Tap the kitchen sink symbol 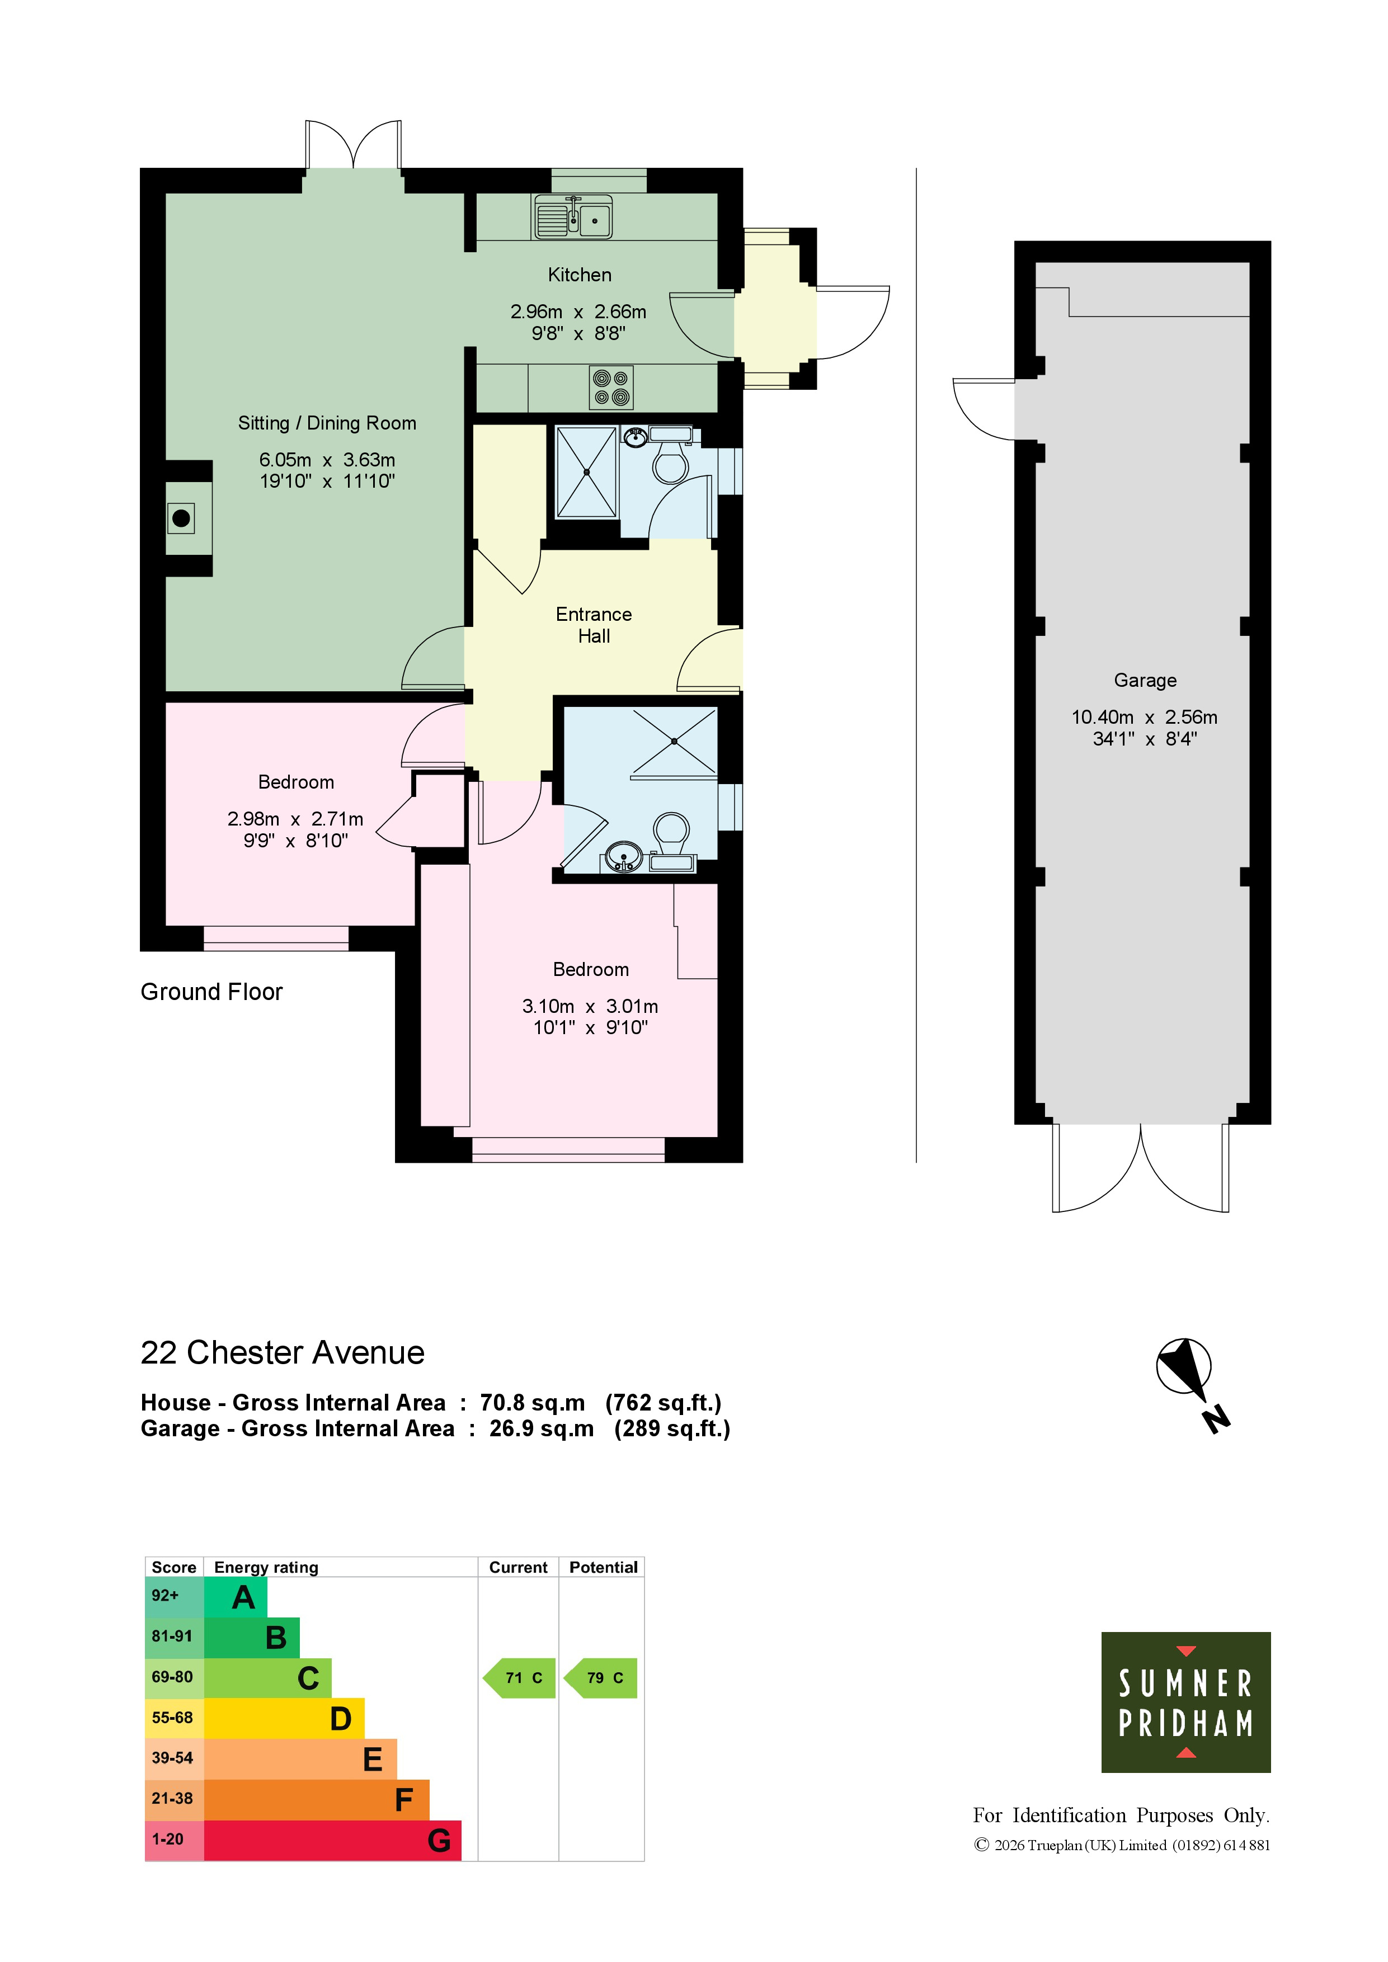coord(573,217)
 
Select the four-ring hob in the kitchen coord(611,387)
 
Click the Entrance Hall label coord(594,625)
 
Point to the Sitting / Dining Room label coord(327,423)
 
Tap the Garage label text coord(1145,680)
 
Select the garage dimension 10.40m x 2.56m coord(1145,717)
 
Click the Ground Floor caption coord(211,991)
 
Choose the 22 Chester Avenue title coord(282,1353)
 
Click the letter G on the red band coord(439,1840)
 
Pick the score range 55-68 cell coord(173,1718)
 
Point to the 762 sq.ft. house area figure coord(664,1403)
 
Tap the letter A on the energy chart coord(243,1597)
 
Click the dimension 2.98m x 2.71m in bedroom coord(295,819)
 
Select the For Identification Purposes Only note coord(1121,1815)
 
